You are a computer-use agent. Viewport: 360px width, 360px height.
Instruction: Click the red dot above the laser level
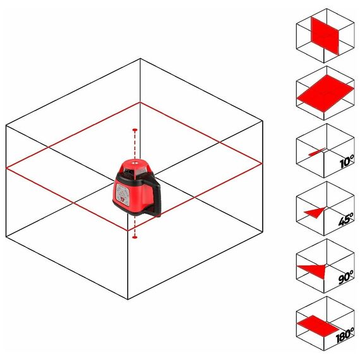(135, 130)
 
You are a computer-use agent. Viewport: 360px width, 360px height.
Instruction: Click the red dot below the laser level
(135, 237)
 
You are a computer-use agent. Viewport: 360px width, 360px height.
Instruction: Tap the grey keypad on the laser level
(122, 193)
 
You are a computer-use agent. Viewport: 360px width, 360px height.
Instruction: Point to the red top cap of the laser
(135, 164)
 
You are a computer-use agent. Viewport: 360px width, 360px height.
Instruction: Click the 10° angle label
(347, 161)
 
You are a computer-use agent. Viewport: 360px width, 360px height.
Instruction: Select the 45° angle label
(346, 219)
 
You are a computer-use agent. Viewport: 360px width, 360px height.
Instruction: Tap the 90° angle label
(345, 277)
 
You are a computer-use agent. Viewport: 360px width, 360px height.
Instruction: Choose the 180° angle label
(345, 335)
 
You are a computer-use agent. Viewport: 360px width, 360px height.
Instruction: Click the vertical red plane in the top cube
(325, 36)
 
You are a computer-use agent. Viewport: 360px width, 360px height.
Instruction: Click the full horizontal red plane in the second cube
(325, 93)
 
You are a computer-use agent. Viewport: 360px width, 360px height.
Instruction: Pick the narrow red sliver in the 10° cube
(317, 152)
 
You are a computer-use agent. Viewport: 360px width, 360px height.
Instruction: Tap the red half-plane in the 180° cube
(318, 325)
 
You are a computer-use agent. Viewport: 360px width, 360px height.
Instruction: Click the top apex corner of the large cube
(140, 59)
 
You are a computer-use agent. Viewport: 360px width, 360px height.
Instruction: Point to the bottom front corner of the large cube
(128, 299)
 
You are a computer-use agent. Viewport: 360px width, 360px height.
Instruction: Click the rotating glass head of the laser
(135, 172)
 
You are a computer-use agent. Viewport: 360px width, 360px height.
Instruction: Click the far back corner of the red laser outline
(140, 102)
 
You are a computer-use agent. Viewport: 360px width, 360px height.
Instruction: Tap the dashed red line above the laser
(135, 144)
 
